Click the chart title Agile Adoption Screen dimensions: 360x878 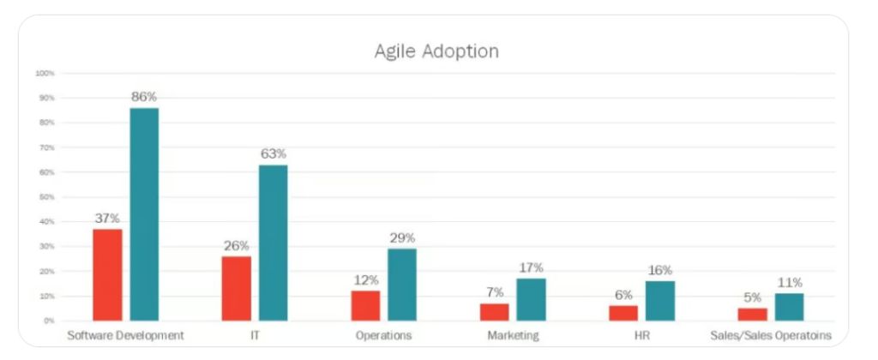(436, 51)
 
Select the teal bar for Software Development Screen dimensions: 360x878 (144, 214)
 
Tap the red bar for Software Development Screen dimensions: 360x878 (108, 274)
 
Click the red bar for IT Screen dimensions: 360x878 (237, 288)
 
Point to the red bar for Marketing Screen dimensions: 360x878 (495, 311)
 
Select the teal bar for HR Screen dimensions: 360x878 (659, 300)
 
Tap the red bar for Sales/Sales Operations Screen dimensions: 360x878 (752, 314)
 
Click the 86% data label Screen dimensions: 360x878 (144, 97)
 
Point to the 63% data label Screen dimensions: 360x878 (273, 154)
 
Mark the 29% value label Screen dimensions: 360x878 (401, 237)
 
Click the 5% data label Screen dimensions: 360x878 (752, 297)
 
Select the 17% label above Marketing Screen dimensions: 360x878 (530, 267)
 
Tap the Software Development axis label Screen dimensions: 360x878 (125, 335)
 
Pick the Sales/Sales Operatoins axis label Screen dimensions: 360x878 (769, 335)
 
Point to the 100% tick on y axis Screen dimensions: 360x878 (45, 74)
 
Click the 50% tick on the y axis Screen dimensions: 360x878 (47, 197)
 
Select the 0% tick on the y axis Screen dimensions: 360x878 (49, 321)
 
